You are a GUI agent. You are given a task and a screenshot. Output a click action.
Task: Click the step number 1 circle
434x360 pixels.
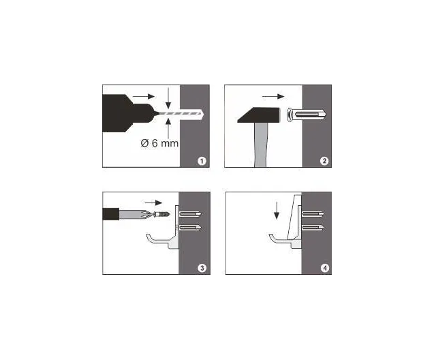(202, 161)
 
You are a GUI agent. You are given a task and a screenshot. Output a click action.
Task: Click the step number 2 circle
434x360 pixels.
(324, 161)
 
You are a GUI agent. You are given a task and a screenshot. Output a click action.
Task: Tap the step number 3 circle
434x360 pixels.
(202, 268)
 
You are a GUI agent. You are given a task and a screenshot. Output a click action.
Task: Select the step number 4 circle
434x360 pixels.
(325, 268)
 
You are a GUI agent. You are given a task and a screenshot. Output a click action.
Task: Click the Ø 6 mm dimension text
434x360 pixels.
(159, 143)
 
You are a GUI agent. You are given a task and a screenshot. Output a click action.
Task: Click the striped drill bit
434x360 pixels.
(180, 113)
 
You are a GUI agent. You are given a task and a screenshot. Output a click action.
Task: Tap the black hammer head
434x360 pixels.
(259, 115)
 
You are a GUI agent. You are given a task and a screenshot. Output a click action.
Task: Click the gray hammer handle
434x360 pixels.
(261, 145)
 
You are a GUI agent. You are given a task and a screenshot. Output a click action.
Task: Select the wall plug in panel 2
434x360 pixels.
(307, 115)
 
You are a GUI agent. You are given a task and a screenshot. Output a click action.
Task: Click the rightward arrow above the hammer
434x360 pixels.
(273, 96)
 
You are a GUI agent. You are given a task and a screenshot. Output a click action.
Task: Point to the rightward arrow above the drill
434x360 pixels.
(144, 96)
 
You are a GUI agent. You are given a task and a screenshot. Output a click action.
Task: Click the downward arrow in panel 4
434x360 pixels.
(276, 211)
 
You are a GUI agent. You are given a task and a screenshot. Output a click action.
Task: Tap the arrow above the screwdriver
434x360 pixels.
(153, 202)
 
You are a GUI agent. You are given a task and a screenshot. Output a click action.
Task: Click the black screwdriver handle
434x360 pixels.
(110, 214)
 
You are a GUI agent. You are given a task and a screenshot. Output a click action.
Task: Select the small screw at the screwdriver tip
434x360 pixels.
(161, 214)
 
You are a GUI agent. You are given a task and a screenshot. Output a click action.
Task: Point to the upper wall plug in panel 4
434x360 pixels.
(312, 214)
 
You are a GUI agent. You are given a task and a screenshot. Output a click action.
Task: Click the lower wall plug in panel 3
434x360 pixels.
(191, 228)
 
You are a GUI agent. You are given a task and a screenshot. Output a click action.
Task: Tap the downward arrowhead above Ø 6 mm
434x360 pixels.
(168, 106)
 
